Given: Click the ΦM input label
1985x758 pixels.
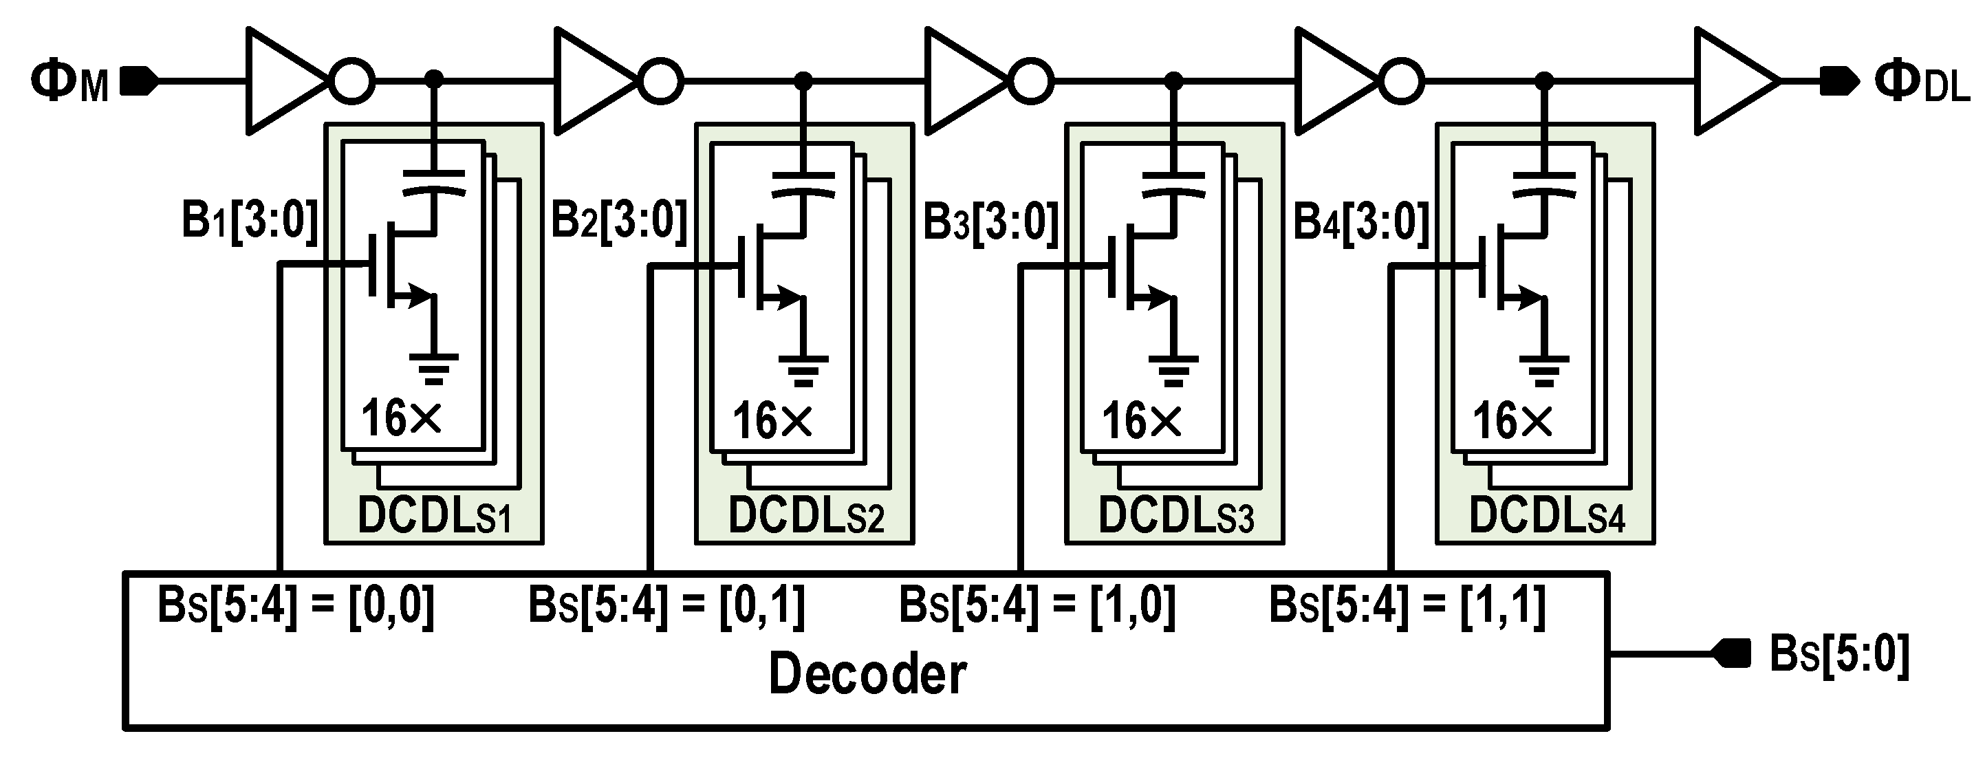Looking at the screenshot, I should [69, 82].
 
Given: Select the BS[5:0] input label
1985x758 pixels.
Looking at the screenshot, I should [1838, 655].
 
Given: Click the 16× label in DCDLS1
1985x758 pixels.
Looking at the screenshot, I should [401, 419].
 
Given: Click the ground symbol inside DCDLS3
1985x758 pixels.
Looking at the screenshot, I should [1173, 371].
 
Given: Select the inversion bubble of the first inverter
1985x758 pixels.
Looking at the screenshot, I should [352, 80].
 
